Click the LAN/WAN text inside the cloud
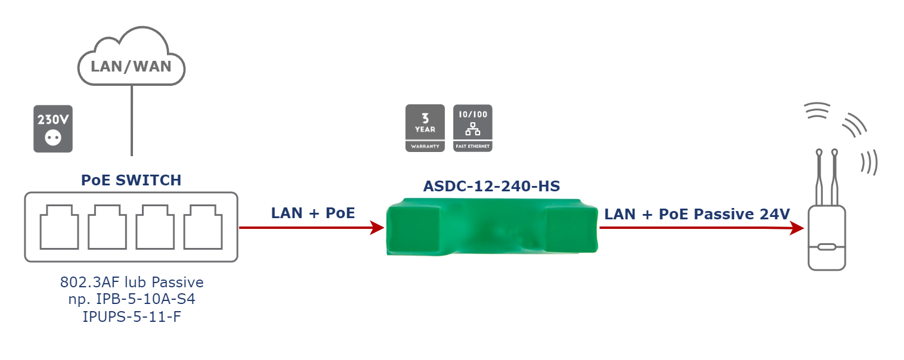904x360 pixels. [x=131, y=66]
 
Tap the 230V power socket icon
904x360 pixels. [x=53, y=129]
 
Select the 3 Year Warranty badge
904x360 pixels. [x=425, y=128]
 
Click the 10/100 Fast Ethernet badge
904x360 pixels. [x=473, y=128]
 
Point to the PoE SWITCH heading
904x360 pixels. [x=131, y=180]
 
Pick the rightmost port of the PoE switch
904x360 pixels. [x=203, y=226]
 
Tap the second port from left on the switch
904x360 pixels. [x=107, y=226]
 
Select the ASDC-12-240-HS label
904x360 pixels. [x=491, y=187]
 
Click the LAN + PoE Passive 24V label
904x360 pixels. [x=697, y=214]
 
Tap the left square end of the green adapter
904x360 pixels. [x=414, y=226]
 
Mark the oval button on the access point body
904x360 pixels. [x=826, y=247]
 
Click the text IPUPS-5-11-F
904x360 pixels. [x=131, y=316]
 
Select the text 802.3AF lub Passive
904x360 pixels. [x=132, y=282]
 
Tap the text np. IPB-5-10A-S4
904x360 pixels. [x=131, y=299]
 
